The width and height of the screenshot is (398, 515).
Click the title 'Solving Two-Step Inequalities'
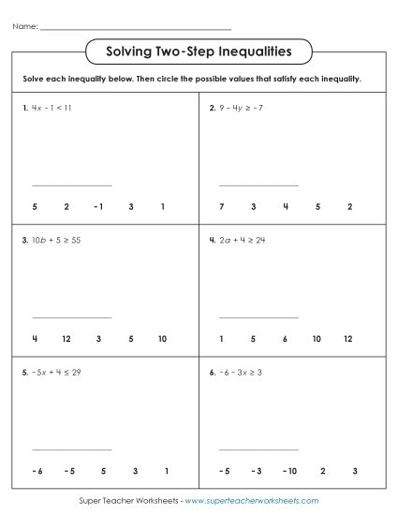coord(199,50)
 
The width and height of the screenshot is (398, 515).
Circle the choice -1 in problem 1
coord(97,206)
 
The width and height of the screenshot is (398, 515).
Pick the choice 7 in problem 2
coord(221,206)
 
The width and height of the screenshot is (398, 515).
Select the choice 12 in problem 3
coord(66,338)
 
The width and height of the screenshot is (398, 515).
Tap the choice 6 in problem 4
coord(285,338)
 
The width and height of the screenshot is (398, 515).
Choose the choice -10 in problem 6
coord(285,470)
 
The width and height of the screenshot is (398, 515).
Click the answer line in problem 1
coord(71,185)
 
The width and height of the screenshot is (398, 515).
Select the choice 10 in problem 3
coord(162,338)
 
